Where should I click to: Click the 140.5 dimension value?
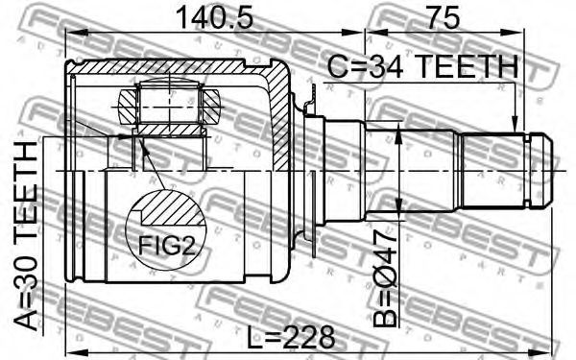(214, 17)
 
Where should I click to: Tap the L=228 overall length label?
(291, 337)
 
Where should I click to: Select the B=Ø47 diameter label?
(386, 278)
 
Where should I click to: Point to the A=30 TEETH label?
(26, 236)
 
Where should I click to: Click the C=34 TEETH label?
(422, 66)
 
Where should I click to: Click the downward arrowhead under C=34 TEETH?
(515, 125)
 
